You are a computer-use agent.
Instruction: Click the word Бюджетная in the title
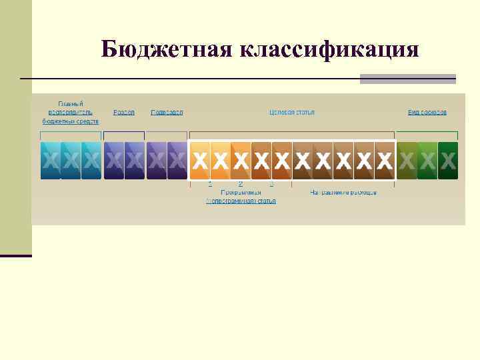pyautogui.click(x=165, y=49)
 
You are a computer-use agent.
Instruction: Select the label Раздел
pyautogui.click(x=124, y=112)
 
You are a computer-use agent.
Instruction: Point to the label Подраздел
pyautogui.click(x=167, y=112)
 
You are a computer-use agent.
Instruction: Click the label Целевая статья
pyautogui.click(x=292, y=112)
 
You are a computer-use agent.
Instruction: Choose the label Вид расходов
pyautogui.click(x=427, y=112)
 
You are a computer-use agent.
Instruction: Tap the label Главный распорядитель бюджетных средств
pyautogui.click(x=71, y=113)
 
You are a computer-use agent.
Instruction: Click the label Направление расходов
pyautogui.click(x=343, y=193)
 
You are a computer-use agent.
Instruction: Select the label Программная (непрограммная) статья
pyautogui.click(x=241, y=196)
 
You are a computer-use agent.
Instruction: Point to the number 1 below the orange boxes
pyautogui.click(x=210, y=183)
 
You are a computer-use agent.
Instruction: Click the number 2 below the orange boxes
pyautogui.click(x=240, y=183)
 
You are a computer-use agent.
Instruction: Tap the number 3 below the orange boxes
pyautogui.click(x=271, y=183)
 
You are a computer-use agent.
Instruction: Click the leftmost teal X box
pyautogui.click(x=50, y=160)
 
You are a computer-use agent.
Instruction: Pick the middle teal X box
pyautogui.click(x=71, y=160)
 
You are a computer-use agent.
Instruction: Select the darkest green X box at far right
pyautogui.click(x=448, y=160)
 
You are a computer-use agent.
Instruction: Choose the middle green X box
pyautogui.click(x=427, y=160)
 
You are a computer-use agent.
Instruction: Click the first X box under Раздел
pyautogui.click(x=114, y=160)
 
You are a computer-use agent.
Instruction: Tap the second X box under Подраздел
pyautogui.click(x=177, y=160)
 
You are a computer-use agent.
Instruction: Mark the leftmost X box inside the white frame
pyautogui.click(x=200, y=160)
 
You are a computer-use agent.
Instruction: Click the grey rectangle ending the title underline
pyautogui.click(x=407, y=79)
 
